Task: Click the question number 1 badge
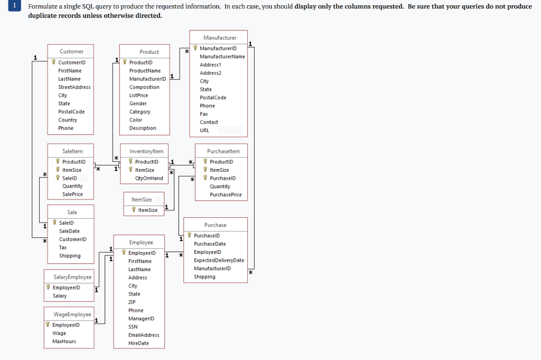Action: click(x=15, y=6)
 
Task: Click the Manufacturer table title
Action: click(x=220, y=38)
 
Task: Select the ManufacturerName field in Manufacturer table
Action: click(x=222, y=57)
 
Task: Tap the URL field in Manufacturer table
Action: click(x=204, y=130)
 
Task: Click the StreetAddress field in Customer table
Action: click(x=74, y=87)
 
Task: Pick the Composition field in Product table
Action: click(x=144, y=87)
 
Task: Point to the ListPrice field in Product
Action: click(x=138, y=95)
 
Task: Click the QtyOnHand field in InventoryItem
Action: click(x=149, y=178)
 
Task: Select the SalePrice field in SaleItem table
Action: click(x=72, y=194)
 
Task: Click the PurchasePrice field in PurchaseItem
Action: click(x=226, y=195)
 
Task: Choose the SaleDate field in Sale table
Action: click(x=69, y=231)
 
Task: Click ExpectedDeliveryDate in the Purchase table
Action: click(x=219, y=260)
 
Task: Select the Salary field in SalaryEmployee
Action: click(x=60, y=296)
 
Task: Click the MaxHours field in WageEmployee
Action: click(x=64, y=341)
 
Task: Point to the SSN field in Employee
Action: click(x=133, y=327)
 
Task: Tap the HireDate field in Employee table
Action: click(x=138, y=343)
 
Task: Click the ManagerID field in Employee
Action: click(x=141, y=319)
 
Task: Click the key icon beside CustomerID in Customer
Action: click(x=54, y=62)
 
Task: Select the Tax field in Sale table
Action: click(x=63, y=247)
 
